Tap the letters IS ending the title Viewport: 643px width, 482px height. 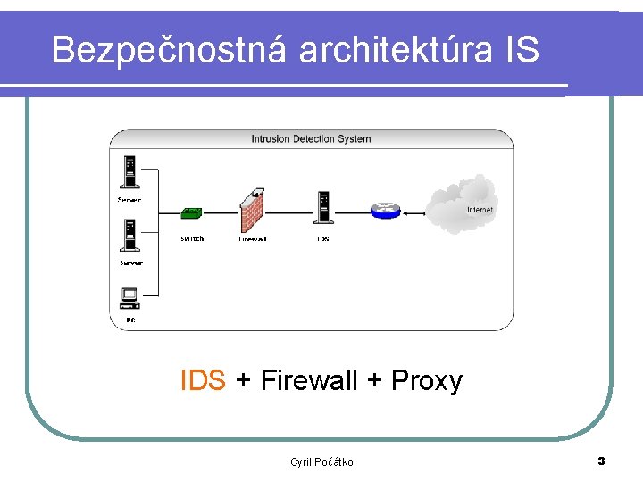tap(522, 50)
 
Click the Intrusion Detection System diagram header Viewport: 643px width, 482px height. tap(311, 138)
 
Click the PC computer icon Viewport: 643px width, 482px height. tap(129, 297)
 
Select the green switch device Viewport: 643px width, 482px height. tap(191, 213)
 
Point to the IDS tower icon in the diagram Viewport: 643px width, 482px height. tap(322, 207)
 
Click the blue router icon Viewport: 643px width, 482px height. tap(386, 211)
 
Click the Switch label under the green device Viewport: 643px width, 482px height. tap(191, 238)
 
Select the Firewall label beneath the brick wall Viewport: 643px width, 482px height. tap(252, 238)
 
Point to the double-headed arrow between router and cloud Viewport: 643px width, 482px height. tap(413, 212)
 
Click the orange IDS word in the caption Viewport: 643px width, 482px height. tap(203, 380)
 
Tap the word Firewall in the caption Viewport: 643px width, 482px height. tap(309, 380)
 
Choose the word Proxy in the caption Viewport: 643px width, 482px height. tap(427, 380)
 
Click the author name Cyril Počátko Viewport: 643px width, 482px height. tap(321, 461)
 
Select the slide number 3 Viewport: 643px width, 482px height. tap(601, 461)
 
